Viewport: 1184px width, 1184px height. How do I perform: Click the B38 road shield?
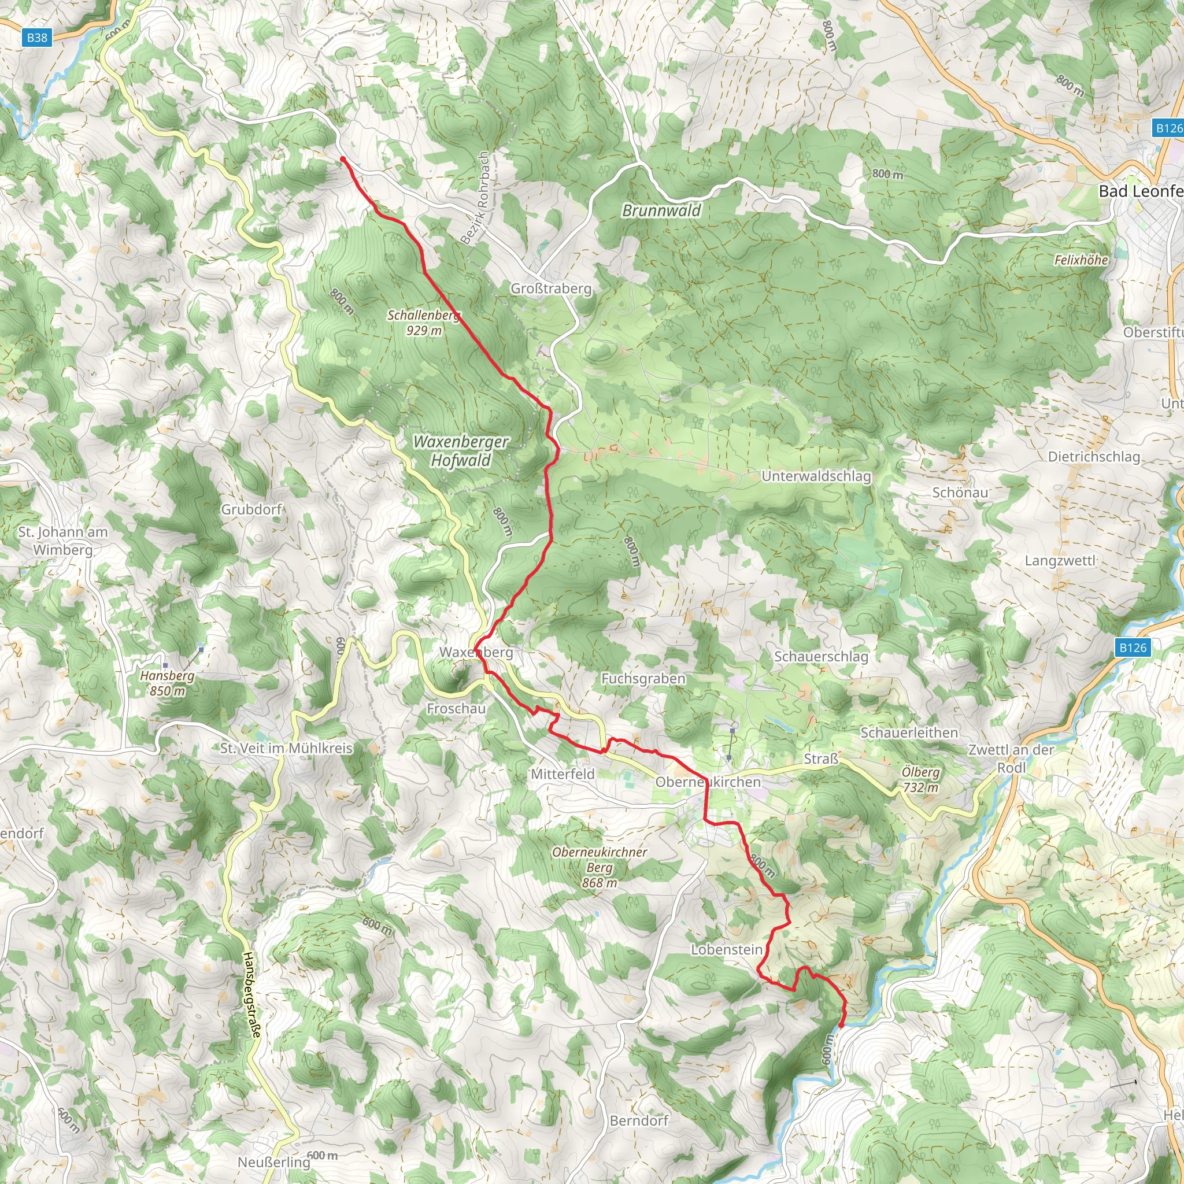(x=37, y=38)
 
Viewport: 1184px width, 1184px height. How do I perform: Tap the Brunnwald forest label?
(x=661, y=211)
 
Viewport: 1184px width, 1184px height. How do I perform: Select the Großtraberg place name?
(x=551, y=288)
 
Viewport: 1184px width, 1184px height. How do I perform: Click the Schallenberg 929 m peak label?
(x=423, y=323)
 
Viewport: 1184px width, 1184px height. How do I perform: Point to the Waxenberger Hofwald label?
(x=461, y=450)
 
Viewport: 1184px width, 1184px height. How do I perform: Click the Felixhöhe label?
(x=1081, y=260)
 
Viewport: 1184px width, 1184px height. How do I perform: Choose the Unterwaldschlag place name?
(x=816, y=476)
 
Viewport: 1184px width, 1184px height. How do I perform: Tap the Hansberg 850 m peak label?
(x=167, y=683)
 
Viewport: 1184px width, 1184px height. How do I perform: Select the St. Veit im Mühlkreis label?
(x=286, y=748)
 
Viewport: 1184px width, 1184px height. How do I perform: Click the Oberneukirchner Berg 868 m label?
(x=600, y=867)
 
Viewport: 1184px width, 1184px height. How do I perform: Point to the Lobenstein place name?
(x=727, y=949)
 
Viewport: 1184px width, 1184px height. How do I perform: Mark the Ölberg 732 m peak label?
(x=920, y=779)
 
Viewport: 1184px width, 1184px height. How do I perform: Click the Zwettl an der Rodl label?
(x=1011, y=758)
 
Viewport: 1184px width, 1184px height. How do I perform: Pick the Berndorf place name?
(x=639, y=1120)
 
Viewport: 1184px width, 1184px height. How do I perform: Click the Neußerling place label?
(x=274, y=1162)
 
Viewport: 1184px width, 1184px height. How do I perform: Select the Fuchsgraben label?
(x=643, y=678)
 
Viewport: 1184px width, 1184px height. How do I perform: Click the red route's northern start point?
(x=343, y=159)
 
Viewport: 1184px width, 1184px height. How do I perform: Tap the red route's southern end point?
(x=841, y=1025)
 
